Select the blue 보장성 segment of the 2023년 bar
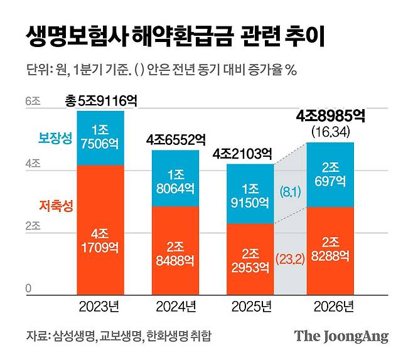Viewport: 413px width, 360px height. point(100,138)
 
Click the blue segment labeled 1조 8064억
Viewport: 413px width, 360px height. point(176,178)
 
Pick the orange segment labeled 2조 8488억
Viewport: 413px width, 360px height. point(176,250)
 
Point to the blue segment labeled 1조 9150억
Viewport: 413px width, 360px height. point(250,194)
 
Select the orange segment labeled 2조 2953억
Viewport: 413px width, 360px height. point(250,259)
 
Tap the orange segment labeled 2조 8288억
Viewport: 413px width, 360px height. point(330,250)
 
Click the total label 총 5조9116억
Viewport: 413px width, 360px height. point(101,100)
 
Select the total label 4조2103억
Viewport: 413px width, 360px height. point(250,152)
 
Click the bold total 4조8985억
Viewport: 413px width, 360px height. point(330,116)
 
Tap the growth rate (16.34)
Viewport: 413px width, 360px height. point(330,132)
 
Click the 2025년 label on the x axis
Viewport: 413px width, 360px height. point(250,307)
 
